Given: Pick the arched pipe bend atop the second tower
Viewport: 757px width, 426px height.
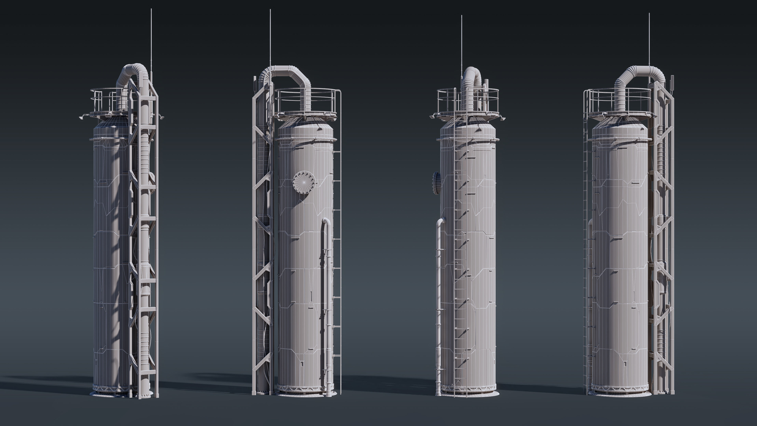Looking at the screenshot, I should pyautogui.click(x=286, y=71).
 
